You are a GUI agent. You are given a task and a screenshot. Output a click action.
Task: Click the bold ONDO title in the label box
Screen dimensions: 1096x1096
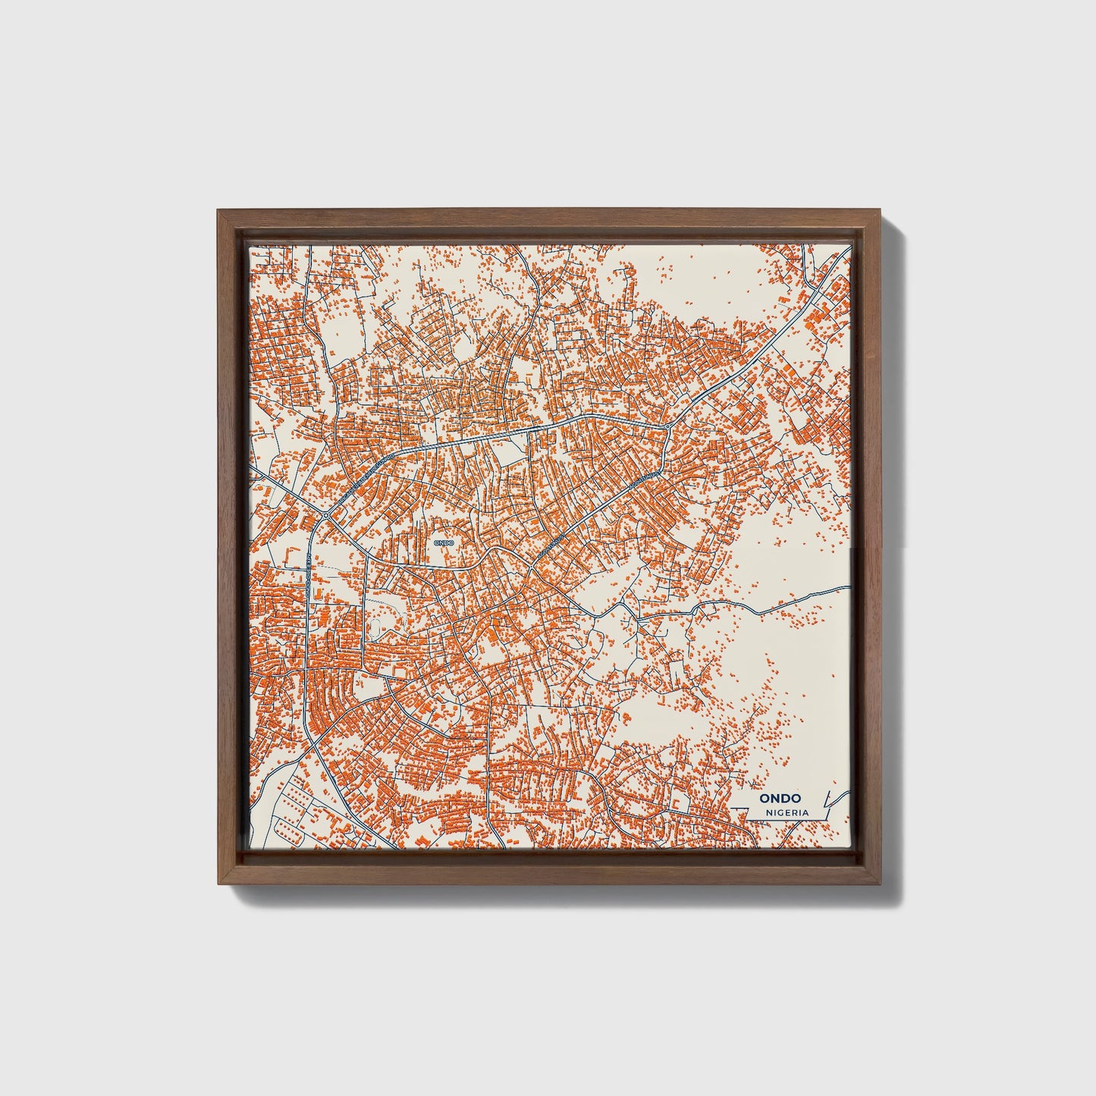[781, 798]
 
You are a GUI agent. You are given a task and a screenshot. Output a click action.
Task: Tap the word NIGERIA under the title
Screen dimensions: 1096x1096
[787, 812]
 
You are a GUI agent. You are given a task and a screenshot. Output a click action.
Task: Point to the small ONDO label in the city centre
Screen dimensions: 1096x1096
[443, 542]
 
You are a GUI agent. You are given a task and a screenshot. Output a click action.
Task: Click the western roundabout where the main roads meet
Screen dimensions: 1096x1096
[325, 516]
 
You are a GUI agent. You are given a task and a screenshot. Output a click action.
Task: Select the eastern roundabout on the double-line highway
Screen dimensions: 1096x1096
[666, 428]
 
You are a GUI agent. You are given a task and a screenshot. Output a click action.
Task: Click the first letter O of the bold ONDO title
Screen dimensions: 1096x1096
[765, 798]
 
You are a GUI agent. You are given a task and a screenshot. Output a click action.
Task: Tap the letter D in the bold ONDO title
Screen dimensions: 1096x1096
[787, 798]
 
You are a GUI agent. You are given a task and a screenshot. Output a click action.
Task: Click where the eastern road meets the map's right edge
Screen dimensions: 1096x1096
[849, 586]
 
